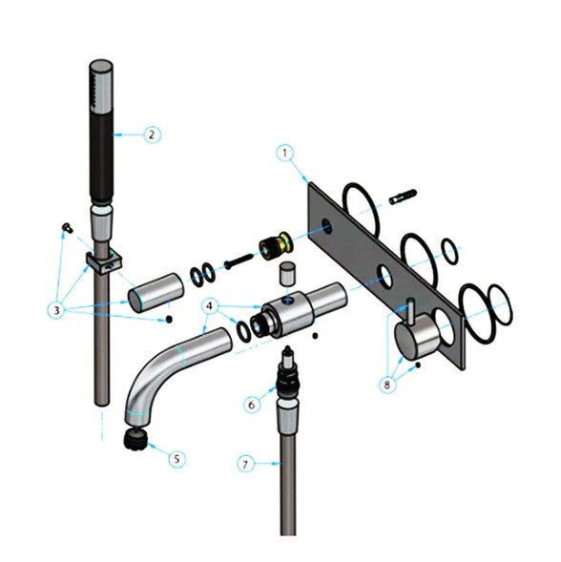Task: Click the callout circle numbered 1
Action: click(x=283, y=152)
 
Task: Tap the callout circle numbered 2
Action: click(x=151, y=135)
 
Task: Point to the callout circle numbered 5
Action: click(x=177, y=458)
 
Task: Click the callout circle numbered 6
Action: click(x=251, y=404)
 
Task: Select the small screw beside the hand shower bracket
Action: click(x=66, y=227)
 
